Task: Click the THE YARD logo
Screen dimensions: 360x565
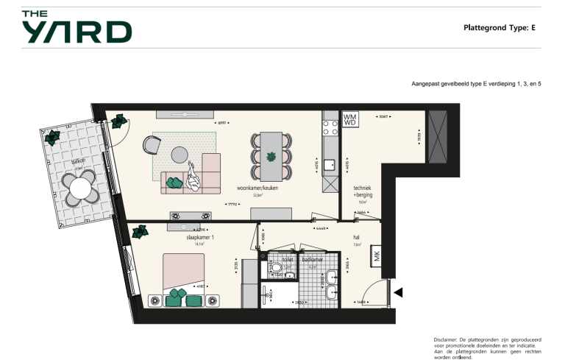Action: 76,27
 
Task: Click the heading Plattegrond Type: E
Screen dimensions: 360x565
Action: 499,28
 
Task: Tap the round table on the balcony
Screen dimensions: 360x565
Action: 78,189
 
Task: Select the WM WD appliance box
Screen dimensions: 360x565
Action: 350,119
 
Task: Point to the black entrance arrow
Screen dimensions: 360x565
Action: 398,293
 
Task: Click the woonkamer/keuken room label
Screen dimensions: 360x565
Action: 252,188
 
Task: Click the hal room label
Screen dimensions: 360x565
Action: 357,238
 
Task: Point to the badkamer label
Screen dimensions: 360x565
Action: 313,259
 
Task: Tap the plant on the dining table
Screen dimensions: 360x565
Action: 271,156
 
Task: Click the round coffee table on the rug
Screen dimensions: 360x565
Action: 180,155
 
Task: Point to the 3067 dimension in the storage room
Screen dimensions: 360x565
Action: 383,116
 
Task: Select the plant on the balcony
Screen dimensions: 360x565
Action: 52,137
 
